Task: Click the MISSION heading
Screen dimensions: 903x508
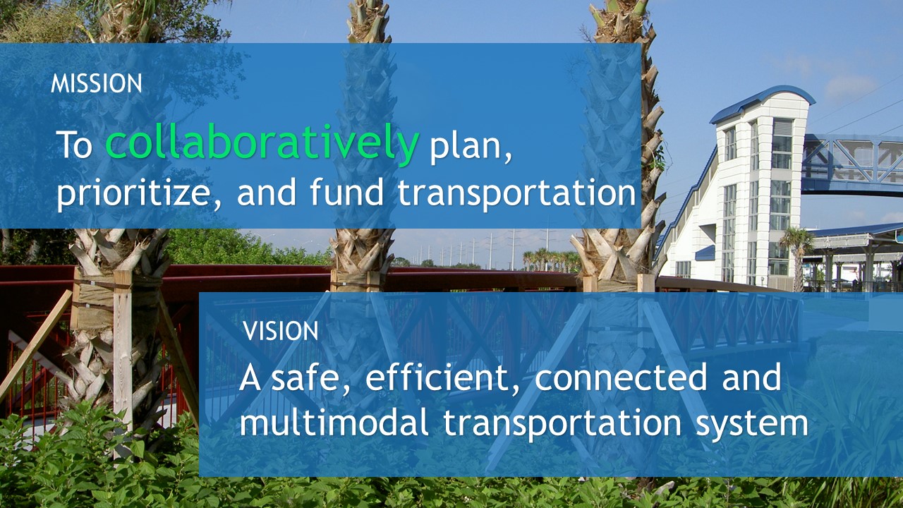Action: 97,83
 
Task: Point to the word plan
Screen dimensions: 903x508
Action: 470,147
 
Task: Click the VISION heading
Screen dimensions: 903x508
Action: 281,331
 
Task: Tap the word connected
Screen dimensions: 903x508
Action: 621,377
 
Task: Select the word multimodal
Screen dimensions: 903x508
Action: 334,423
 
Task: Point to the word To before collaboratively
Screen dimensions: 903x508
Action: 74,145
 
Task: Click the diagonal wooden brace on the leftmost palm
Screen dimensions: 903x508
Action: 35,346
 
